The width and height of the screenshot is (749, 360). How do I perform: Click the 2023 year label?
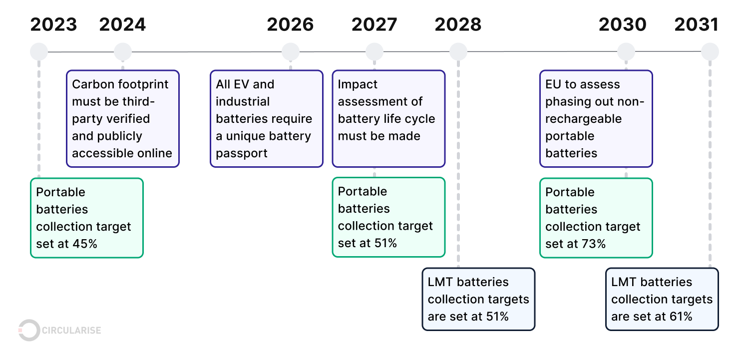click(x=53, y=24)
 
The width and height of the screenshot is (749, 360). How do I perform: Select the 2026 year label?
click(x=290, y=24)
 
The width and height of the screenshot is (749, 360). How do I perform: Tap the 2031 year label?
click(x=696, y=24)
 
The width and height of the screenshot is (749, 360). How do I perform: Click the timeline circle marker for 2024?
click(x=123, y=51)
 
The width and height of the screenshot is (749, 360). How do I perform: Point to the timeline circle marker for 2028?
click(x=458, y=51)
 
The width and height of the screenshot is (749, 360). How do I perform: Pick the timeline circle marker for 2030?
click(x=626, y=51)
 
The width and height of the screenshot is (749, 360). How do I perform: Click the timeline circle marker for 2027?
click(x=374, y=51)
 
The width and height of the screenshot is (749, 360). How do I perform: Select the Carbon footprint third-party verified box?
click(x=123, y=119)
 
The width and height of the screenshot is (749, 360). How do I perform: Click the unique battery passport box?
click(x=266, y=119)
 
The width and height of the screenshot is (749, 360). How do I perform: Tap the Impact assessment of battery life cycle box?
click(x=388, y=119)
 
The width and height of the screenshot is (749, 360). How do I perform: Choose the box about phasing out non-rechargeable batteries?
click(x=596, y=119)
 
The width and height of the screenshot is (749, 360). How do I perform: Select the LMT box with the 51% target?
click(x=478, y=299)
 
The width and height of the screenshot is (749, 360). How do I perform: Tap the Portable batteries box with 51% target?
click(x=388, y=217)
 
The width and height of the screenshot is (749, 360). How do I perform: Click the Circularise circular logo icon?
click(x=29, y=330)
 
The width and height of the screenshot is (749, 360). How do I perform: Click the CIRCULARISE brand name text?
click(x=72, y=331)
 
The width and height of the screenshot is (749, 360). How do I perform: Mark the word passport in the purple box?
click(x=242, y=153)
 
